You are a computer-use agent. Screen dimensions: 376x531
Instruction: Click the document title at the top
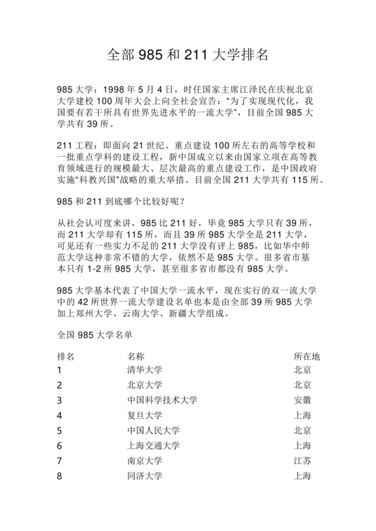pos(188,54)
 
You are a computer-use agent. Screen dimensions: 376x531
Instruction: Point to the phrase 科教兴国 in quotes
pos(100,181)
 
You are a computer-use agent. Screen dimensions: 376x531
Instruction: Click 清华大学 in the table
pos(144,370)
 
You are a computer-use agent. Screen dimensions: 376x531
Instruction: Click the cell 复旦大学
pos(144,415)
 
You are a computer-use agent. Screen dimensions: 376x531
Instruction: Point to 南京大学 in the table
pos(144,461)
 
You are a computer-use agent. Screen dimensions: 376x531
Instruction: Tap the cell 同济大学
pos(144,475)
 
